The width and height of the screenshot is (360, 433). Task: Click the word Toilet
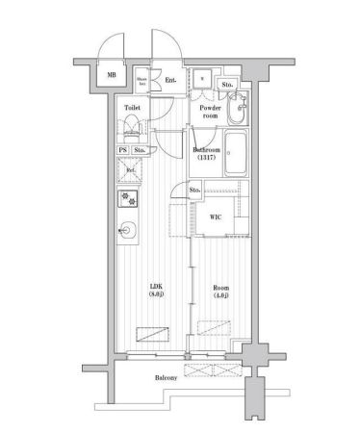(133, 109)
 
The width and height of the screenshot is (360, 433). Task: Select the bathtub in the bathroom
(240, 153)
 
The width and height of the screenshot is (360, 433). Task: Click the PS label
(122, 150)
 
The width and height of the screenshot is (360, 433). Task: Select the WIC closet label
(215, 216)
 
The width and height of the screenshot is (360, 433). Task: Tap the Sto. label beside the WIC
(194, 191)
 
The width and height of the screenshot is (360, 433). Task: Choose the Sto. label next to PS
(140, 150)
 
